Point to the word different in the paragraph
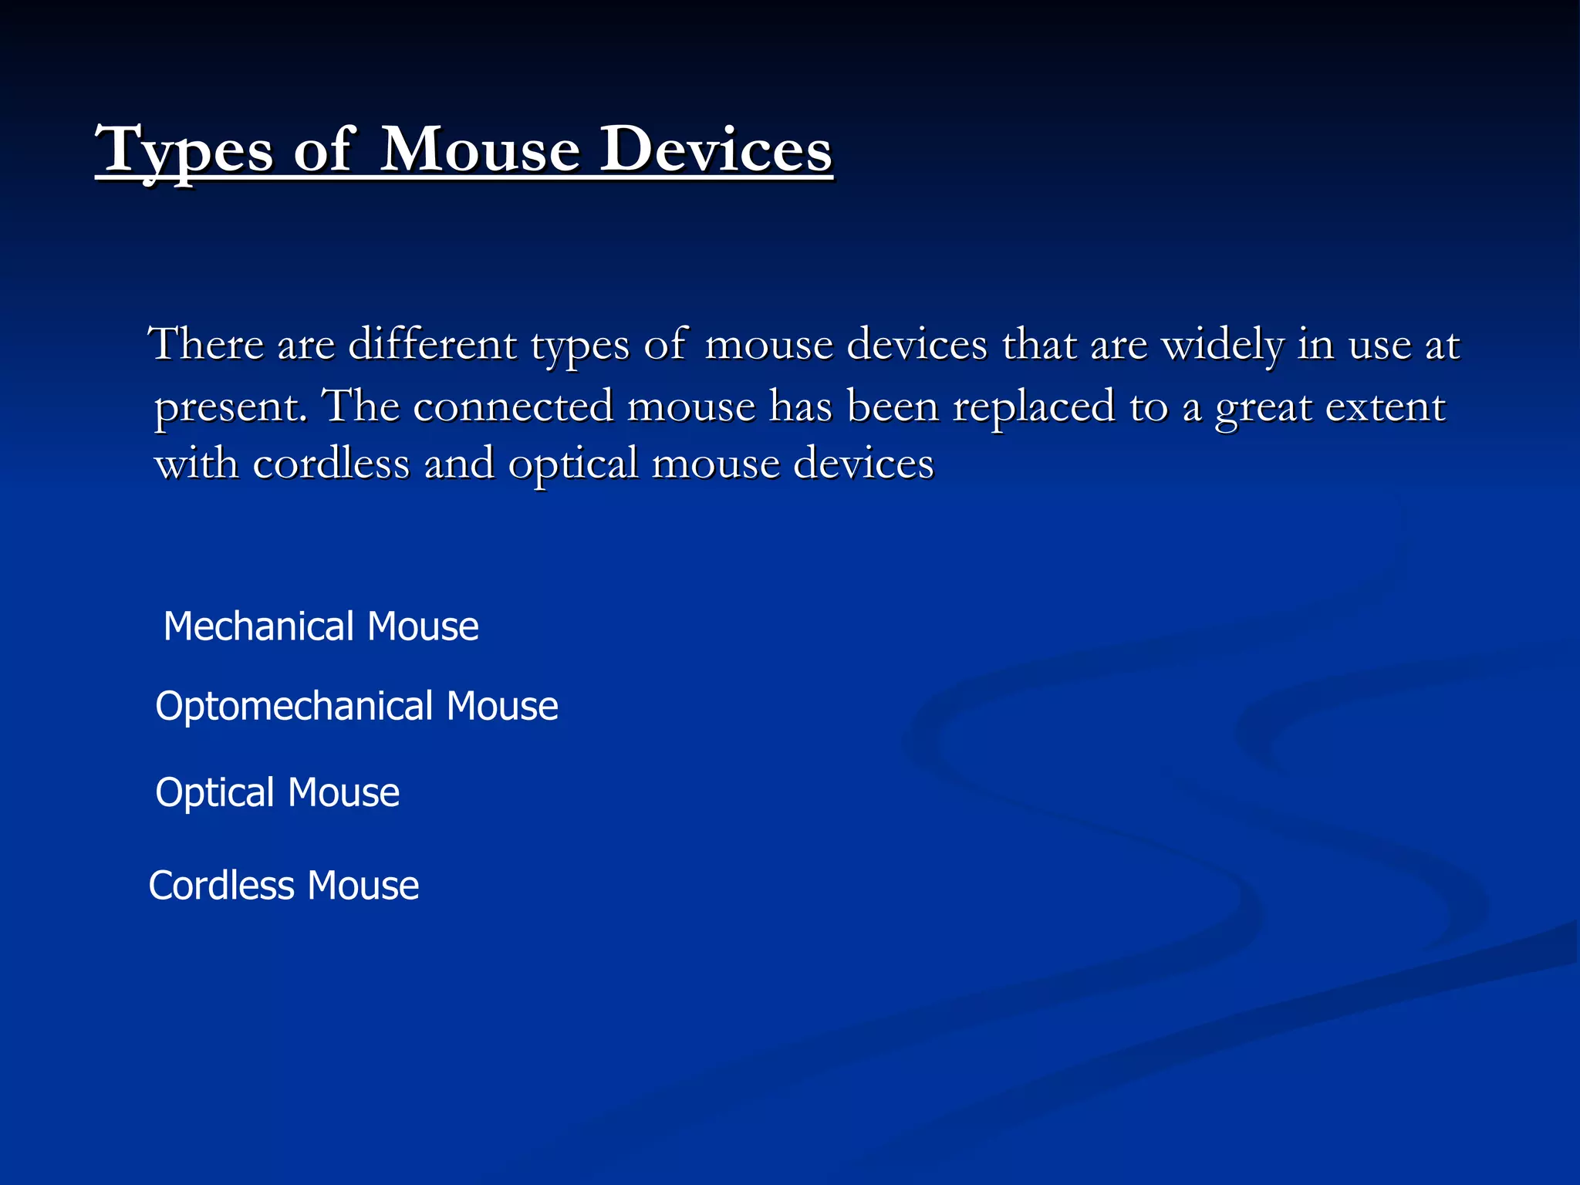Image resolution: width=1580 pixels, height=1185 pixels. click(432, 344)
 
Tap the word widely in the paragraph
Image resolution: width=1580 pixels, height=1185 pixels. click(1222, 344)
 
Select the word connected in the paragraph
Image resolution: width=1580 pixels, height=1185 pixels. click(514, 406)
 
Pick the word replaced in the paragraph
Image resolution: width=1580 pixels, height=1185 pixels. click(1034, 406)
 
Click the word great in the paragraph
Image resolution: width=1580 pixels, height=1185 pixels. click(1264, 407)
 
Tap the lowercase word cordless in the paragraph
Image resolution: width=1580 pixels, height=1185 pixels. click(332, 464)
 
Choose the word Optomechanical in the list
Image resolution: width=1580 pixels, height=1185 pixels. click(294, 706)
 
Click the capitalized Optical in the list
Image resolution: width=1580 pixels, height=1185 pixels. click(215, 792)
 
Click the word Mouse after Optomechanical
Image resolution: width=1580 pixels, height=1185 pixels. click(502, 706)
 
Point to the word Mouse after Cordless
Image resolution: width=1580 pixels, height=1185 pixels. click(363, 885)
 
